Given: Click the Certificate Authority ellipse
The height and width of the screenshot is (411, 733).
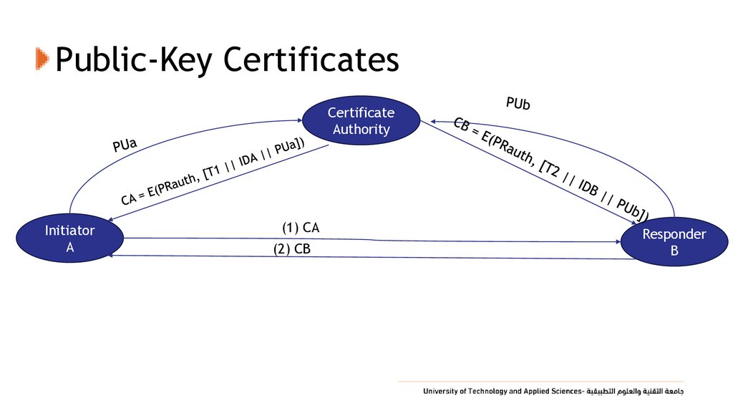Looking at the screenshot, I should coord(361,121).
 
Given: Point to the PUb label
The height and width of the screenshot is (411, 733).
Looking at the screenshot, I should coord(518,104).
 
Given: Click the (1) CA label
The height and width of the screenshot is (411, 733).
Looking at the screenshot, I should coord(301,228).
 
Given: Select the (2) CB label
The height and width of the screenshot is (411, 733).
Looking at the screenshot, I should coord(291,249).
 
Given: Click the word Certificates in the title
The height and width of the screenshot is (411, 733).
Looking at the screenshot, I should coord(311,60).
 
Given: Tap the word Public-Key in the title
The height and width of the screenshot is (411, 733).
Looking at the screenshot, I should coord(135,60).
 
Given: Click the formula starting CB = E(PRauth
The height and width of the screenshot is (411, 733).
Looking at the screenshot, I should coord(551,169).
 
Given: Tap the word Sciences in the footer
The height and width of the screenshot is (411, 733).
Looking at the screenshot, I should coord(567,392).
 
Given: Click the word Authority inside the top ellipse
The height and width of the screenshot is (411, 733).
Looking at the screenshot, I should coord(361,130).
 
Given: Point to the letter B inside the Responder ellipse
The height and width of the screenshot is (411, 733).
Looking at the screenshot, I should coord(674,251).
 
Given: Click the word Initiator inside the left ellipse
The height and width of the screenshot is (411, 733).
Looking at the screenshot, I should coord(69,231).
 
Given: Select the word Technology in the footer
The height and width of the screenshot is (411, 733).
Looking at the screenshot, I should coord(487,392).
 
